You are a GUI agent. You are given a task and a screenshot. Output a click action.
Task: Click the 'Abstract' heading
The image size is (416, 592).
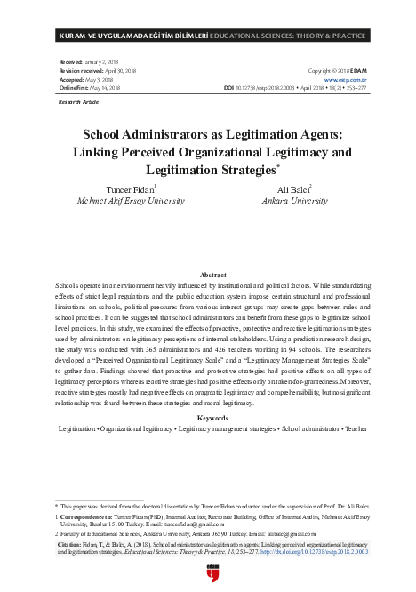[207, 276]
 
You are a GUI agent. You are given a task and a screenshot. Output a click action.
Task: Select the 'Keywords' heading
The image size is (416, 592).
[207, 417]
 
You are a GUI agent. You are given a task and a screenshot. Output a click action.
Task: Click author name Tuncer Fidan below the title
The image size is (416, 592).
[130, 189]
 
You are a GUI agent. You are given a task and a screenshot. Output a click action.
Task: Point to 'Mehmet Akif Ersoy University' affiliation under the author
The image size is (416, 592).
[131, 201]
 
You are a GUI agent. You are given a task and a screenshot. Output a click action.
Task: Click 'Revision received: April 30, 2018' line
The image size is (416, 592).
[97, 69]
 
